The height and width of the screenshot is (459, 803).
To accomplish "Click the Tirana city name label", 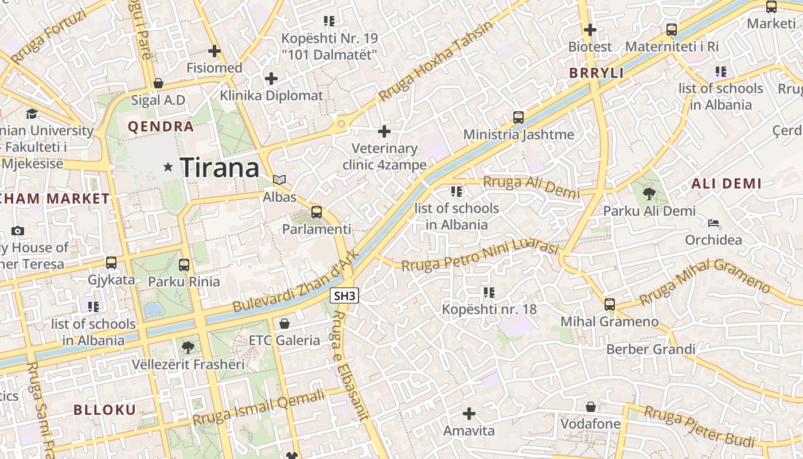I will pos(220,168).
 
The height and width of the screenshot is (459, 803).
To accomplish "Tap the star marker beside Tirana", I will pos(168,167).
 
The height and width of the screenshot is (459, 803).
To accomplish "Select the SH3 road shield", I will pos(345,295).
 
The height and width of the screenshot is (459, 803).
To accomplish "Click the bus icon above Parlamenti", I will pos(316,212).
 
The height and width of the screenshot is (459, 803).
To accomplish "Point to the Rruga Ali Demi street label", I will pos(531,186).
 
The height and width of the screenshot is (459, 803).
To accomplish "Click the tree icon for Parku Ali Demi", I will pos(649,193).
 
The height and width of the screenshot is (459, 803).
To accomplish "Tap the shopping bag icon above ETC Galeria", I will pos(284,324).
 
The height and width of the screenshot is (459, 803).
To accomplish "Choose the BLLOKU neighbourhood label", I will pos(105,410).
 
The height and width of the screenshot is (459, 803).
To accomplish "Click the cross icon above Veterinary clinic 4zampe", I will pos(384,131).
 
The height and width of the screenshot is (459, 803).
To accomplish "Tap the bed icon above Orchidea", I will pos(714,223).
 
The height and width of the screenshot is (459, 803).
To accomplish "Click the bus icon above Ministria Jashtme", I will pos(519,118).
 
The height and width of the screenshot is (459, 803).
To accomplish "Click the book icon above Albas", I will pos(279,180).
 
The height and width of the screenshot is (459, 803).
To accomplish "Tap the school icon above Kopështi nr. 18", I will pos(489,293).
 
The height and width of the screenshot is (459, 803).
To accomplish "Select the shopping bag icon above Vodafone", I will pos(590,407).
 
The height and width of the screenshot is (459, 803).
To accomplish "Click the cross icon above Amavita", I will pos(469,413).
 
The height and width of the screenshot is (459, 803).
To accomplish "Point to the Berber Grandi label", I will pos(650,349).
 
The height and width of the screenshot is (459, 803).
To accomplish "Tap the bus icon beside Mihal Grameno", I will pos(610,304).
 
